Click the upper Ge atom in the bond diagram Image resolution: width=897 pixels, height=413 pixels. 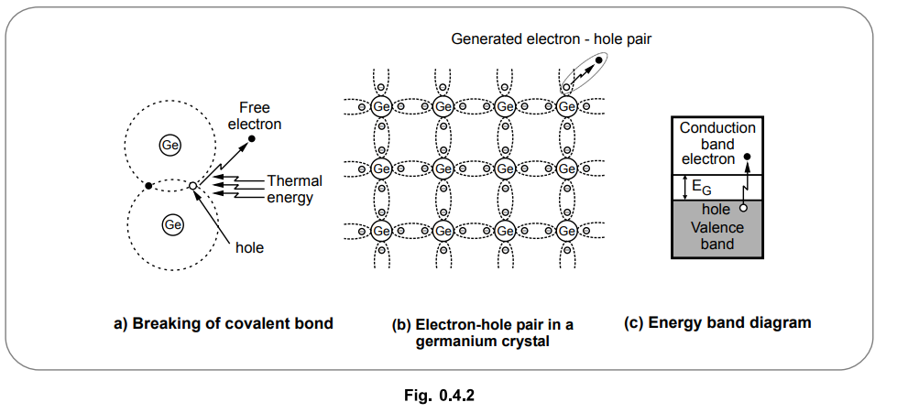click(170, 145)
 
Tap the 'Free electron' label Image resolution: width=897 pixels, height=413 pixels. click(254, 115)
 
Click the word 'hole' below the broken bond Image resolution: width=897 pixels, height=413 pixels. click(248, 246)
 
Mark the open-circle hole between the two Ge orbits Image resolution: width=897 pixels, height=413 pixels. click(192, 186)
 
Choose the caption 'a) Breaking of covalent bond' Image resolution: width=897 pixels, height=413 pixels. click(223, 322)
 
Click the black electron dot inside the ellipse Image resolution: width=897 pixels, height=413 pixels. click(599, 60)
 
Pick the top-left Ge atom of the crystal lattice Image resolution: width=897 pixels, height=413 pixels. click(382, 106)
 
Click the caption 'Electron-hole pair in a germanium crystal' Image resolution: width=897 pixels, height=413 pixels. click(495, 332)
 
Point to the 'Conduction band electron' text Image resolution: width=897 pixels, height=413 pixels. click(717, 144)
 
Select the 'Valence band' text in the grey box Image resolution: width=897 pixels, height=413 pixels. click(717, 235)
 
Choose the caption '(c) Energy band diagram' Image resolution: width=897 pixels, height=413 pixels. click(717, 322)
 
